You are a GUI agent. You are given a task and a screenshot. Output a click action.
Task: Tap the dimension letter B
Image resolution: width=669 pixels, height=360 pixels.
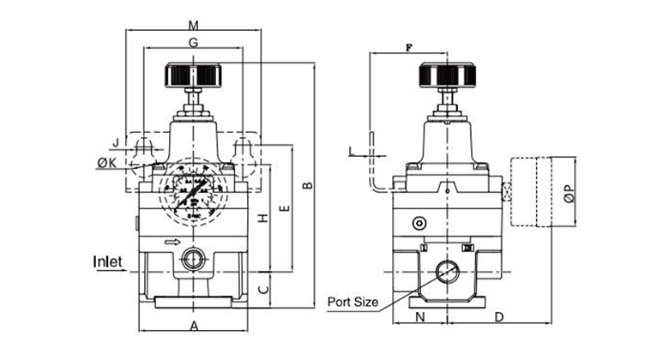306,187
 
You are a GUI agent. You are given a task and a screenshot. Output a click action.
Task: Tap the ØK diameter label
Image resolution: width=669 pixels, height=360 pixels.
107,163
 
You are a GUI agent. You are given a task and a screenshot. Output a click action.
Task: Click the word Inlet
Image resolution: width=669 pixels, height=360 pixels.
109,261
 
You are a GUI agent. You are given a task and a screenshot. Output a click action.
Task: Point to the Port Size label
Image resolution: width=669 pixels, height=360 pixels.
352,302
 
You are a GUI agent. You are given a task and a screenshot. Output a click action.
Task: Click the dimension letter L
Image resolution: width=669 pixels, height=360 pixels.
352,152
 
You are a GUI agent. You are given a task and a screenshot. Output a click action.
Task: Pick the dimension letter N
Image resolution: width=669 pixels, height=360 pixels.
419,317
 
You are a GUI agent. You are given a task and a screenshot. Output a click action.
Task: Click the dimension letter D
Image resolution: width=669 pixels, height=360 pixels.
499,317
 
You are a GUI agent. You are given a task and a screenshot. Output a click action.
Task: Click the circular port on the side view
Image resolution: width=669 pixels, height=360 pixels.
447,273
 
